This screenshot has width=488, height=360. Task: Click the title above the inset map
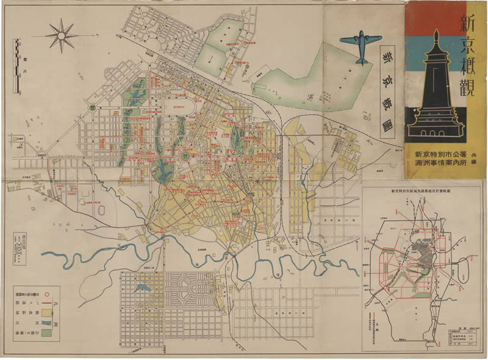click(x=425, y=192)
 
